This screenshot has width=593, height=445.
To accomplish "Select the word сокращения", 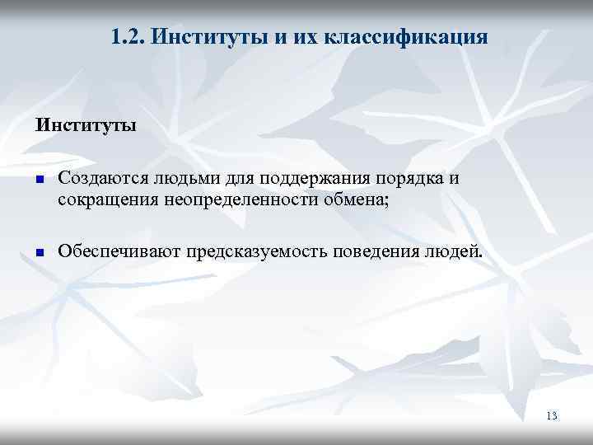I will [105, 199].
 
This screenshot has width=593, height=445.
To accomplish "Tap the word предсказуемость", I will [255, 251].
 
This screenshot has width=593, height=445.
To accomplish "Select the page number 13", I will [551, 416].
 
